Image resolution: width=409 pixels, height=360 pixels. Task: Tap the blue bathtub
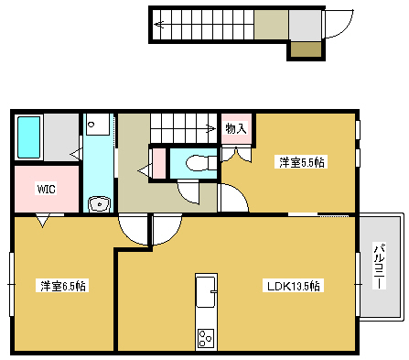pos(29,137)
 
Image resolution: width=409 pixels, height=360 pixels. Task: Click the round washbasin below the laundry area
pos(98,202)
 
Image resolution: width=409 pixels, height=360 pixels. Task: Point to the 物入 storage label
pos(236,129)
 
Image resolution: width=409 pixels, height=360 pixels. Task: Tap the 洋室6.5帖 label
pos(62,284)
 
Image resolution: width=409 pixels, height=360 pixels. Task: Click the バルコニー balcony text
pos(379,266)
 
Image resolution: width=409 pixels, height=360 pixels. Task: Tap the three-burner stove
pos(206,337)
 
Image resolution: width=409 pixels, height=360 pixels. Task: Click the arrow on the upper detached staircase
pos(161,25)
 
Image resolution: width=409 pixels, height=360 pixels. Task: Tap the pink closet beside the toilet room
pos(159,162)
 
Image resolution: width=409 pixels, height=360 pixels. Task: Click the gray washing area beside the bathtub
pos(61,137)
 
